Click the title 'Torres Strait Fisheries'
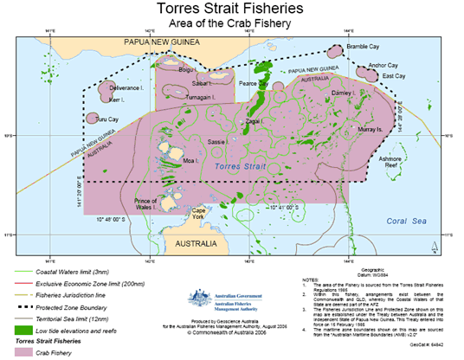tap(231, 10)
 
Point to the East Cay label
tap(394, 76)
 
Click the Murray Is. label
tap(368, 128)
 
